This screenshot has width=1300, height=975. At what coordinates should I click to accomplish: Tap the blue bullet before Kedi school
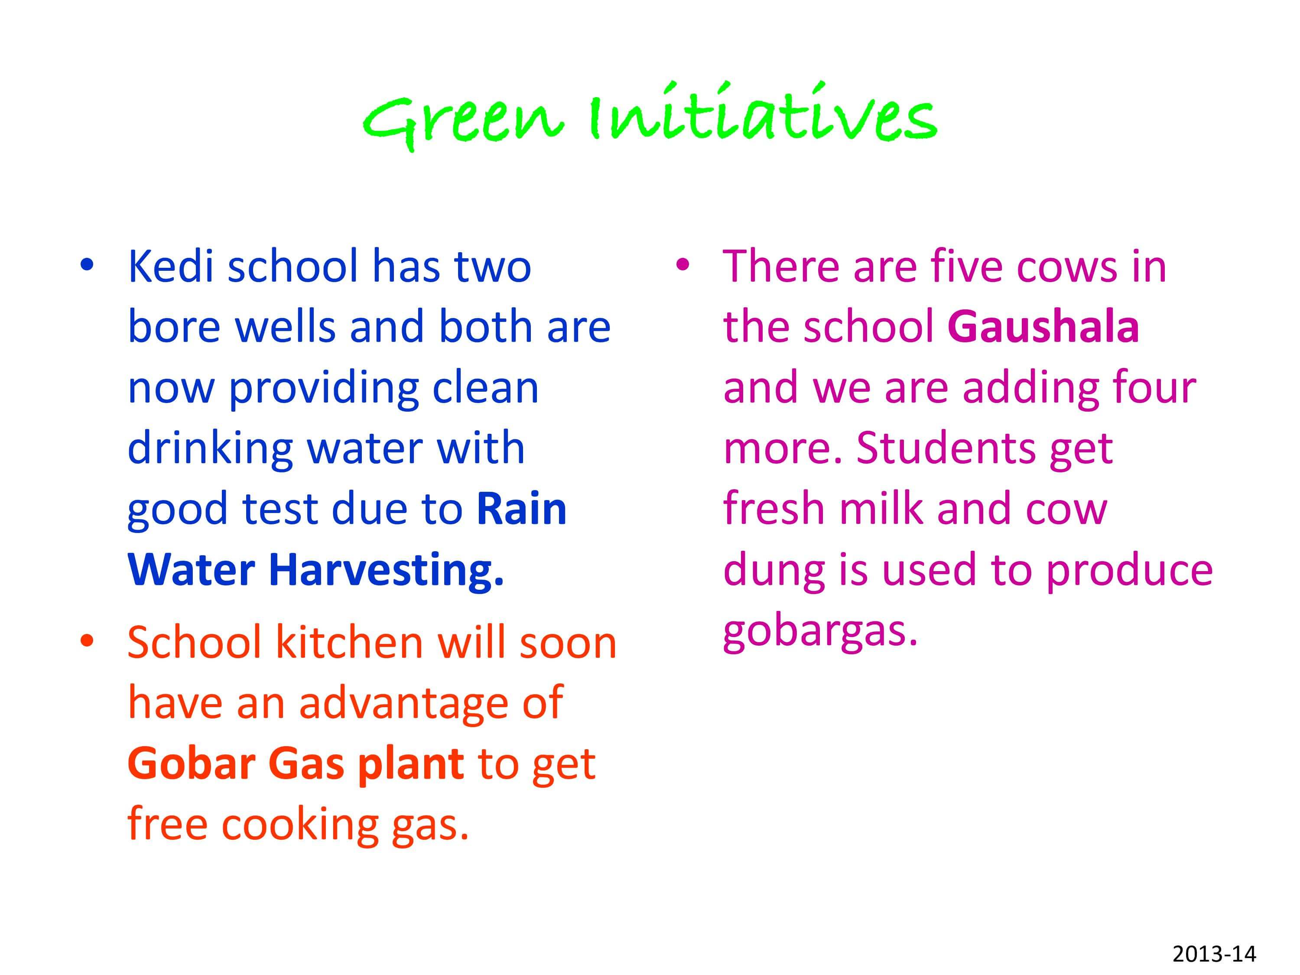click(87, 264)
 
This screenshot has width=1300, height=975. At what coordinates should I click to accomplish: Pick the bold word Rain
click(521, 509)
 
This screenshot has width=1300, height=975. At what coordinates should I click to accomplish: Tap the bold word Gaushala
click(1043, 327)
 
